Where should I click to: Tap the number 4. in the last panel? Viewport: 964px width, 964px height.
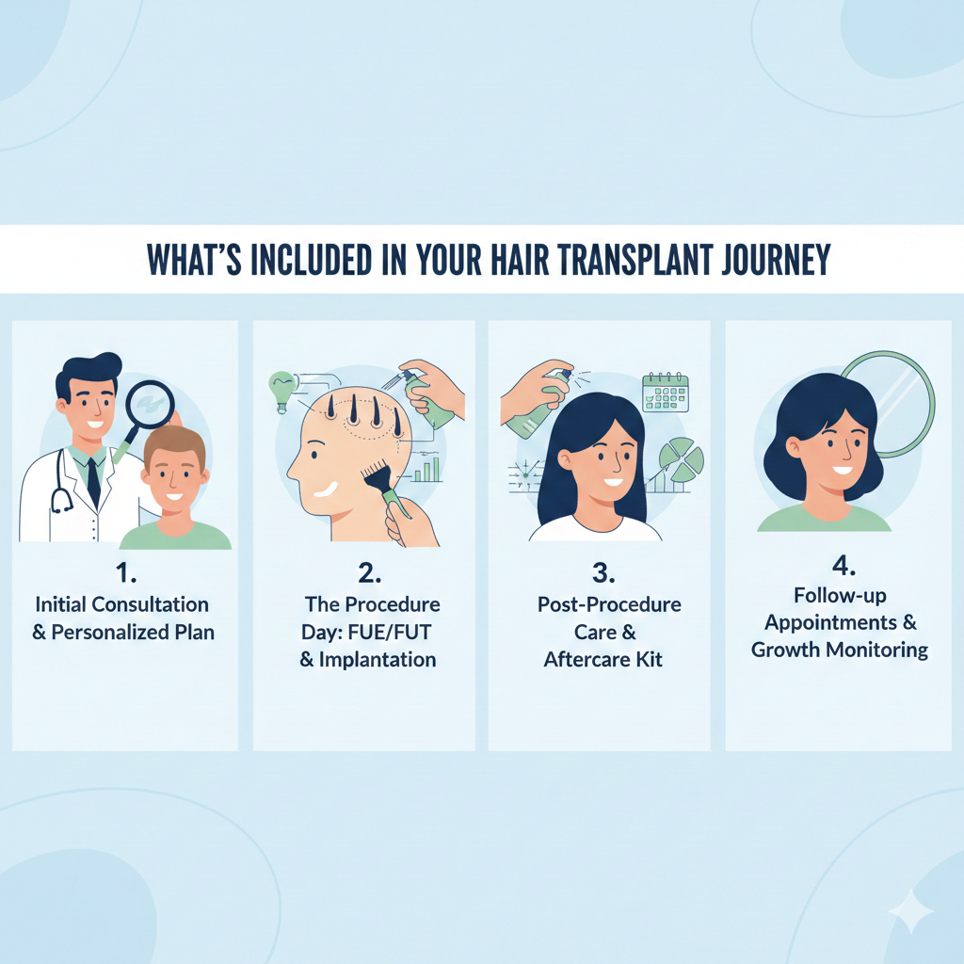841,566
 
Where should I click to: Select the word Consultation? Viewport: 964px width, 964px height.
150,603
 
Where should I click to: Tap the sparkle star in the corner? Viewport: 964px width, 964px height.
910,910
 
